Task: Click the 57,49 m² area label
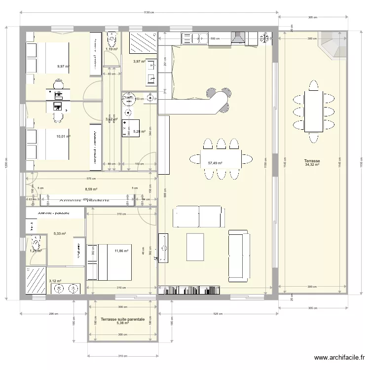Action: click(x=215, y=163)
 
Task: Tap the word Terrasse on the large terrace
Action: click(x=312, y=161)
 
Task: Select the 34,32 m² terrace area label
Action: click(x=312, y=165)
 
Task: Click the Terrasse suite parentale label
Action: click(x=122, y=319)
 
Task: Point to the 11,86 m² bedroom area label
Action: click(x=121, y=251)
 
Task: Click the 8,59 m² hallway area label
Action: click(x=91, y=188)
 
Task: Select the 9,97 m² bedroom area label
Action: click(x=63, y=66)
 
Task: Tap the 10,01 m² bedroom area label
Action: click(x=63, y=137)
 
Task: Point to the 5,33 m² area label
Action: click(x=60, y=234)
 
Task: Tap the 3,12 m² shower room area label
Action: click(x=55, y=281)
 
